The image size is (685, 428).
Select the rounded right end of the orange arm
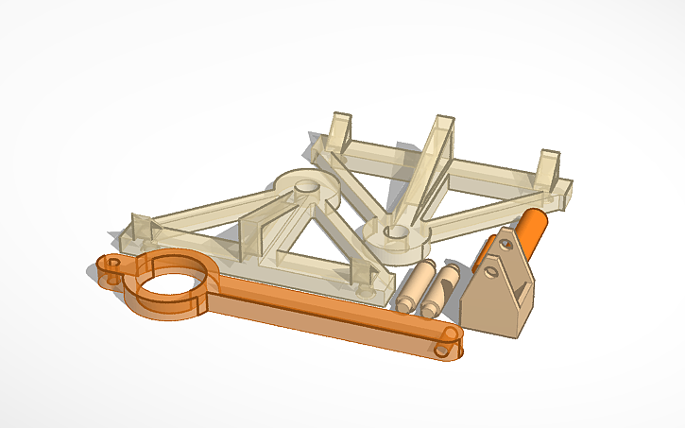(x=448, y=344)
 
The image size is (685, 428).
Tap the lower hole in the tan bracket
(x=490, y=274)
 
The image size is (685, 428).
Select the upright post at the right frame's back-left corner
(x=340, y=131)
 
